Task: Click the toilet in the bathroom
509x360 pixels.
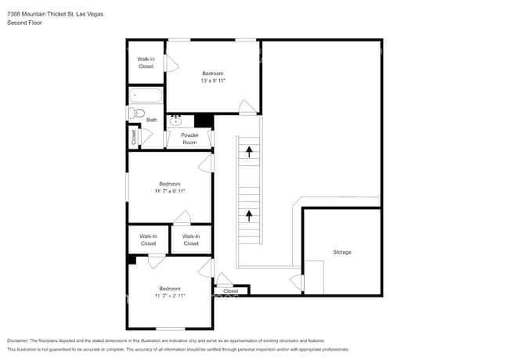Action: coord(139,113)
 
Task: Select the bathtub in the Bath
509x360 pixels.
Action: coord(146,96)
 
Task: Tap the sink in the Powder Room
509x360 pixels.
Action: coord(177,121)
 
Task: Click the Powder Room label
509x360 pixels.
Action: coord(190,139)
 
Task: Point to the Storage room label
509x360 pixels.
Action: coord(342,252)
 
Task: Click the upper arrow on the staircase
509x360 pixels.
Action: coord(250,151)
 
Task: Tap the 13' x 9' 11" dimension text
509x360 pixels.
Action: coord(213,81)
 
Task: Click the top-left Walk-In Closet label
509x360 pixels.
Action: coord(146,63)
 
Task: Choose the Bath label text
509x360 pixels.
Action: coord(151,120)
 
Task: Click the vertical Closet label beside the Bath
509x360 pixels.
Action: coord(133,137)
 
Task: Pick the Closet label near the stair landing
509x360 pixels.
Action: coord(231,291)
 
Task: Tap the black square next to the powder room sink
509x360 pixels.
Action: coord(204,121)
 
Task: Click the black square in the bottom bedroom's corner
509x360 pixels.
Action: coord(132,260)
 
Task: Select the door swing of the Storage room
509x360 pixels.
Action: coord(297,281)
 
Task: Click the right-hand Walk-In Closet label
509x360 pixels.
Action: coord(191,239)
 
